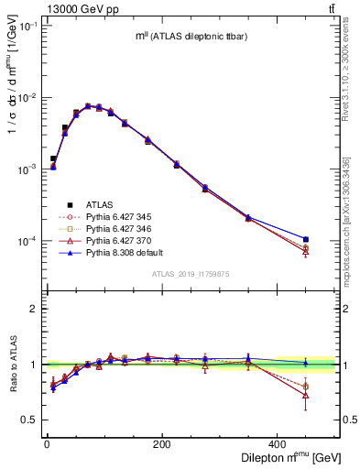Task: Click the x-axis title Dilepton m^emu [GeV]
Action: coord(286,456)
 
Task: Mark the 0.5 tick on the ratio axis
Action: coord(31,420)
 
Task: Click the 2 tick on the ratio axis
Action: coord(35,309)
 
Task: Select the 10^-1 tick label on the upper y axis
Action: coord(27,27)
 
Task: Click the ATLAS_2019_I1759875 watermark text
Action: coord(191,273)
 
